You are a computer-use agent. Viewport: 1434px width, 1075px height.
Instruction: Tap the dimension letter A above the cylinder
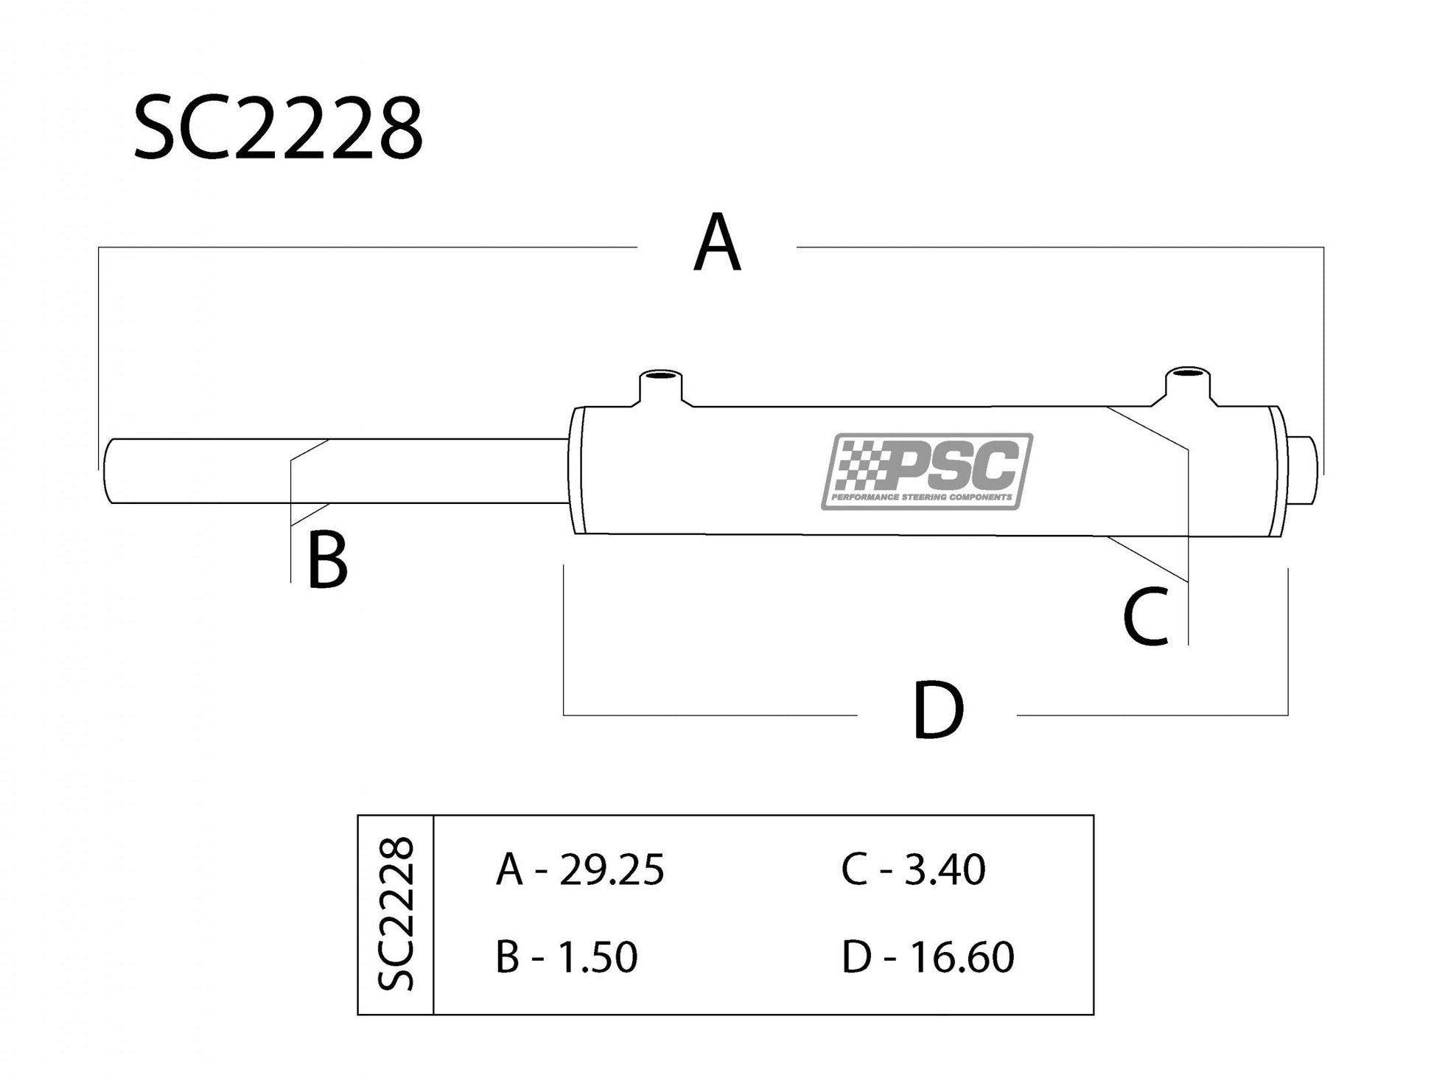click(x=716, y=243)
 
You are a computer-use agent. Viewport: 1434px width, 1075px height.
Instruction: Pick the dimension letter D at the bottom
click(x=937, y=711)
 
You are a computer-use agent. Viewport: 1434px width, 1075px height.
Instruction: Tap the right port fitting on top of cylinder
click(x=1188, y=384)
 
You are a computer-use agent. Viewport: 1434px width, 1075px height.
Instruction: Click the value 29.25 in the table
click(x=612, y=870)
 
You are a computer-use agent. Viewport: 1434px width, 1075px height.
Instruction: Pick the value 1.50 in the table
click(x=596, y=957)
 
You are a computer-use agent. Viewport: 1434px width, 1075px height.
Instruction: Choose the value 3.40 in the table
click(x=945, y=870)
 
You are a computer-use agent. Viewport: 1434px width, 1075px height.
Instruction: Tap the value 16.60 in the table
click(x=961, y=957)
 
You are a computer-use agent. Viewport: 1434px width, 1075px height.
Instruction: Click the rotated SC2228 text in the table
click(x=396, y=914)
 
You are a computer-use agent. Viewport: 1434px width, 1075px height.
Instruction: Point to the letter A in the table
click(x=509, y=870)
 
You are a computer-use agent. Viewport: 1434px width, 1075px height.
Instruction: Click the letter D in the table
click(x=856, y=957)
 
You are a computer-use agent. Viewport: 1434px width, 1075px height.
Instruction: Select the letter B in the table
click(x=508, y=957)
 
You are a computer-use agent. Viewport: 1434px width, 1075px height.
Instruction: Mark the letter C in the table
click(x=854, y=870)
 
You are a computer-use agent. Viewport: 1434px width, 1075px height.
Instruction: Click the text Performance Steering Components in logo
click(x=921, y=497)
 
